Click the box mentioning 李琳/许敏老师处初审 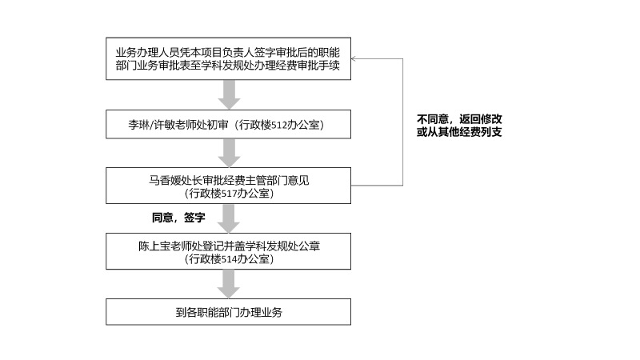(228, 124)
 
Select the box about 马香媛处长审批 (228, 186)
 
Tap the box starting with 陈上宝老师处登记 (228, 251)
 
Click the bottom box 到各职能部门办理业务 (228, 312)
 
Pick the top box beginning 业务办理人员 (228, 58)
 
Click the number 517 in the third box (229, 194)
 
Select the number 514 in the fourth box (229, 259)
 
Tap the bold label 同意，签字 (178, 218)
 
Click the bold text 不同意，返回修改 (459, 119)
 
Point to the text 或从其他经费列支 (459, 132)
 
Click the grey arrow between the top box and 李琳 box (229, 94)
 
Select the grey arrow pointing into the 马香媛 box (229, 153)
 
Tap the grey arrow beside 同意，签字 (229, 218)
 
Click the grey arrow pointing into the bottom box (229, 284)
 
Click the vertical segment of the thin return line (403, 122)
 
